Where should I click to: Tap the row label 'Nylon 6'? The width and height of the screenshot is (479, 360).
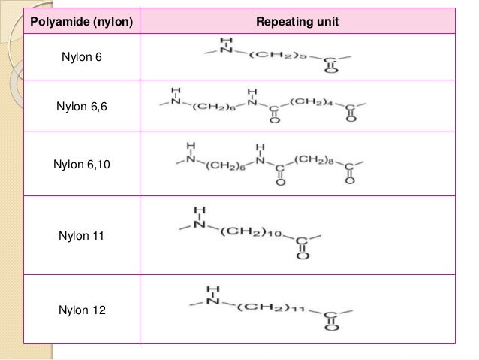[x=82, y=57]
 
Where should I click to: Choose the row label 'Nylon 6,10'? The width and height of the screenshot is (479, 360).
[x=82, y=163]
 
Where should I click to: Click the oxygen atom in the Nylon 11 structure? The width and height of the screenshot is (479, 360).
[x=301, y=256]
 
